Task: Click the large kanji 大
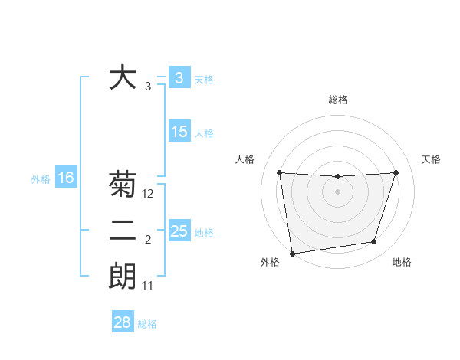click(x=123, y=77)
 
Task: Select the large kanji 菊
click(x=123, y=185)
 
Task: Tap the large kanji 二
click(x=123, y=231)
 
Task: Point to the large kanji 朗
click(x=123, y=276)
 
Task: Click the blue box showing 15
click(x=179, y=132)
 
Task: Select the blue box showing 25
click(x=179, y=231)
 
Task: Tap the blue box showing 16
click(x=66, y=178)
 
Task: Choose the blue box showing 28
click(x=123, y=322)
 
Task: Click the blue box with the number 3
click(x=179, y=77)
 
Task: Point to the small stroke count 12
click(x=148, y=195)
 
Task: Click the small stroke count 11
click(x=148, y=286)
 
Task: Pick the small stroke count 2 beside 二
click(x=148, y=241)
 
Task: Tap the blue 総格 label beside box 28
click(x=147, y=324)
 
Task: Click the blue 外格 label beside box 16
click(x=41, y=179)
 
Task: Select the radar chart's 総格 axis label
click(x=337, y=100)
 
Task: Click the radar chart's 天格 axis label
click(x=432, y=159)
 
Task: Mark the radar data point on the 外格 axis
click(x=292, y=253)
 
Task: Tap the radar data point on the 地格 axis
click(x=374, y=242)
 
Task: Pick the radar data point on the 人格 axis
click(x=279, y=172)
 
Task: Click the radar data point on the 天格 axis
click(x=396, y=172)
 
